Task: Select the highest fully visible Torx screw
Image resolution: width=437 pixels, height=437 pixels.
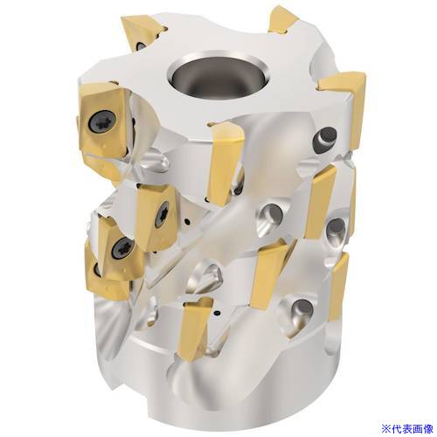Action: (x=102, y=122)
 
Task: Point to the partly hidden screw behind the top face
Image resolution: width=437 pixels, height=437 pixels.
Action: (x=140, y=45)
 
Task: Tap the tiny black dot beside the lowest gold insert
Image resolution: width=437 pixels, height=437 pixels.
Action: (x=217, y=313)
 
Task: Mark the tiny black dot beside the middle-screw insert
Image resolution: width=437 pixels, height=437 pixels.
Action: (x=187, y=223)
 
